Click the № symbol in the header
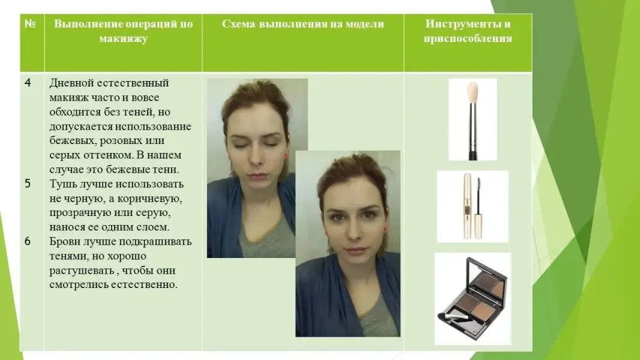(x=30, y=23)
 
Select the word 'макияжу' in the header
(x=124, y=38)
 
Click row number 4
(x=28, y=83)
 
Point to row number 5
(x=28, y=184)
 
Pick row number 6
(x=28, y=241)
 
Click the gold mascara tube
(x=467, y=206)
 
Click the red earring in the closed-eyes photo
(x=286, y=156)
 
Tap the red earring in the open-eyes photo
(x=384, y=230)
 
